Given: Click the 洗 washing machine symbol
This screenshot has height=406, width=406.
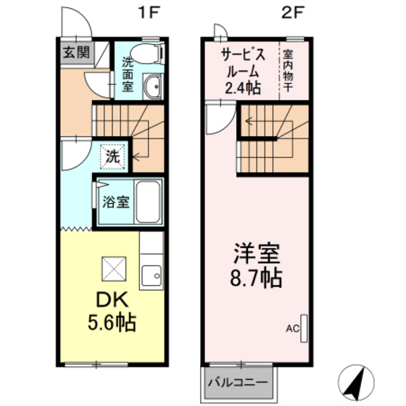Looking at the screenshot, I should coord(112,154).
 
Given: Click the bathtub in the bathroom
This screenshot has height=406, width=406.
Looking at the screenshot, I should coord(149,204).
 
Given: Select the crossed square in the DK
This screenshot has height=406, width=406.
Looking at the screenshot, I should coord(113,270).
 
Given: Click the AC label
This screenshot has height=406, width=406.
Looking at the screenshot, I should coord(292,328).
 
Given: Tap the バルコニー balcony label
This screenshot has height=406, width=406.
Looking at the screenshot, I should coord(239,381).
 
